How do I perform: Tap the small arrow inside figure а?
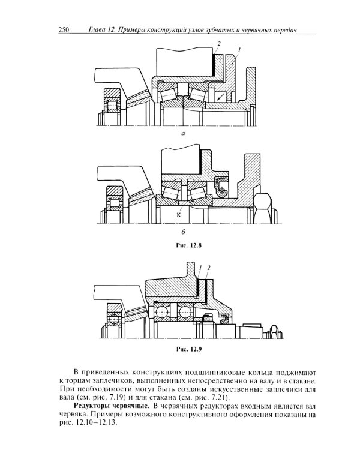222,95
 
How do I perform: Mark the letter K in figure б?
179,214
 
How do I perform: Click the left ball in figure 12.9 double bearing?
162,313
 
